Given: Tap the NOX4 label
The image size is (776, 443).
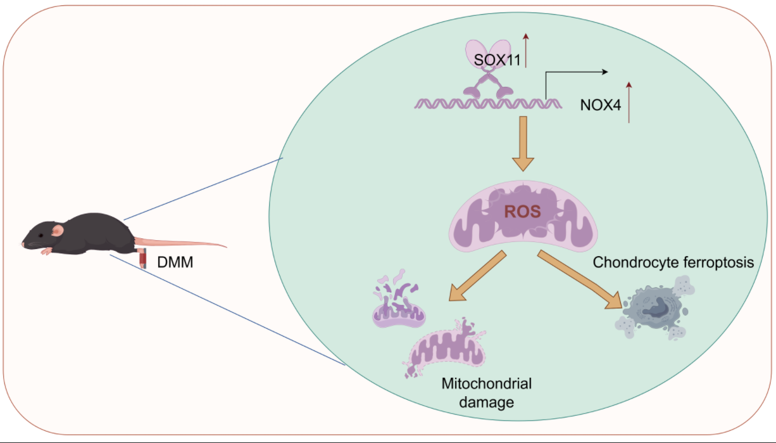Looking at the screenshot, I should tap(600, 105).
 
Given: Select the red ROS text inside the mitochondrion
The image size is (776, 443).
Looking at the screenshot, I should tap(522, 211).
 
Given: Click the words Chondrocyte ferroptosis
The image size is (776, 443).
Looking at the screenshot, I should tap(673, 262).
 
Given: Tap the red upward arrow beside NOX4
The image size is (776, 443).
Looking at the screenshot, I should tap(629, 102).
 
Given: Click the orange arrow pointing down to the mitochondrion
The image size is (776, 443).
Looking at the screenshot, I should tap(522, 144).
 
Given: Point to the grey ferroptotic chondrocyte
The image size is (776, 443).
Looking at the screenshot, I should tap(655, 309).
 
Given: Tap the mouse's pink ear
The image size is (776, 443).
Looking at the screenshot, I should tap(58, 229).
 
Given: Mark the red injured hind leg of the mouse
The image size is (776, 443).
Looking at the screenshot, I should tap(143, 260).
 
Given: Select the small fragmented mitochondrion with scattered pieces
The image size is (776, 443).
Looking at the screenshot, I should tap(399, 304).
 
